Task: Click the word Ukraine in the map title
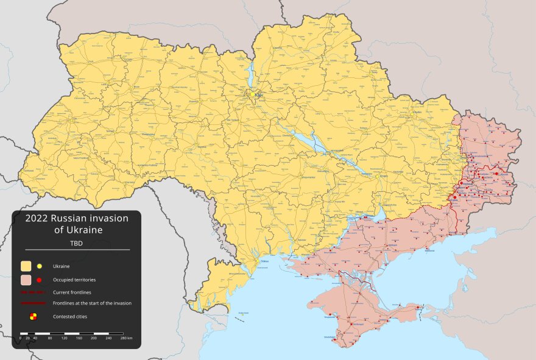pyautogui.click(x=87, y=230)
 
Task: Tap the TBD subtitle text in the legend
pyautogui.click(x=77, y=244)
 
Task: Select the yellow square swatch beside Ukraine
pyautogui.click(x=26, y=266)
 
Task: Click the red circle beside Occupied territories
pyautogui.click(x=40, y=280)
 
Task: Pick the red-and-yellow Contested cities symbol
pyautogui.click(x=33, y=316)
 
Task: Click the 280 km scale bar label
pyautogui.click(x=126, y=338)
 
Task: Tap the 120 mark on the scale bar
pyautogui.click(x=64, y=338)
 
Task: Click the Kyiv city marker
pyautogui.click(x=250, y=94)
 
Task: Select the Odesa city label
pyautogui.click(x=264, y=261)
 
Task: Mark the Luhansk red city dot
pyautogui.click(x=496, y=174)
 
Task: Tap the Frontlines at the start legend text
pyautogui.click(x=91, y=303)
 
